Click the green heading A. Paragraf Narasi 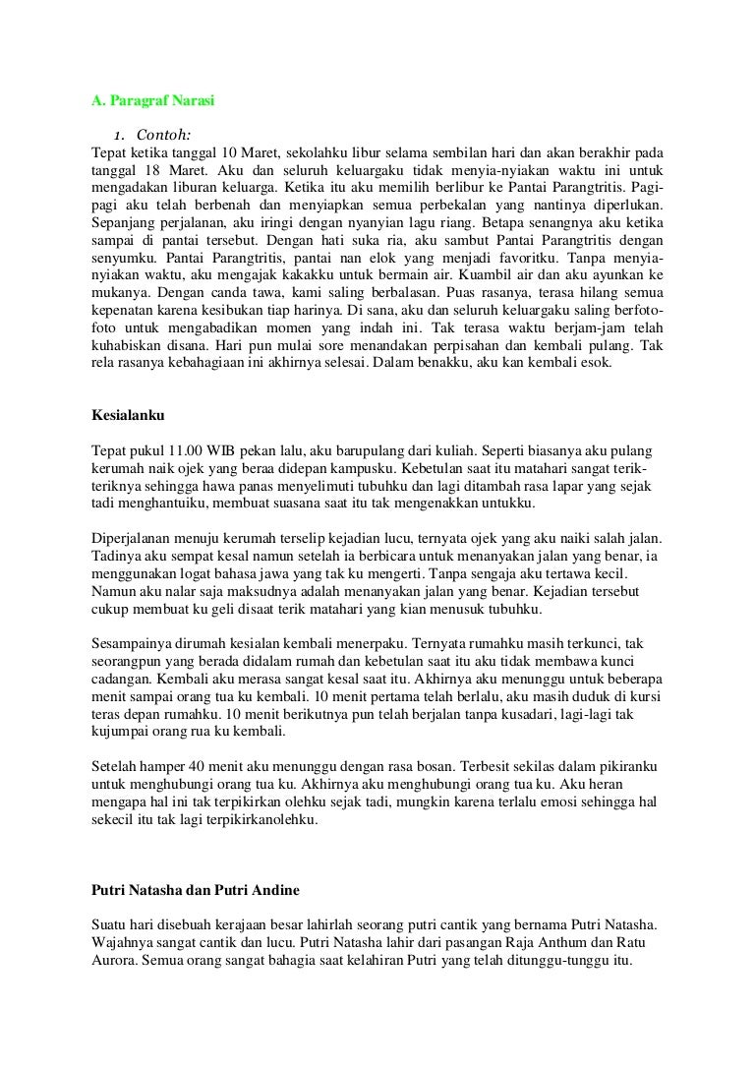(152, 99)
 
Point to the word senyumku (123, 258)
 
